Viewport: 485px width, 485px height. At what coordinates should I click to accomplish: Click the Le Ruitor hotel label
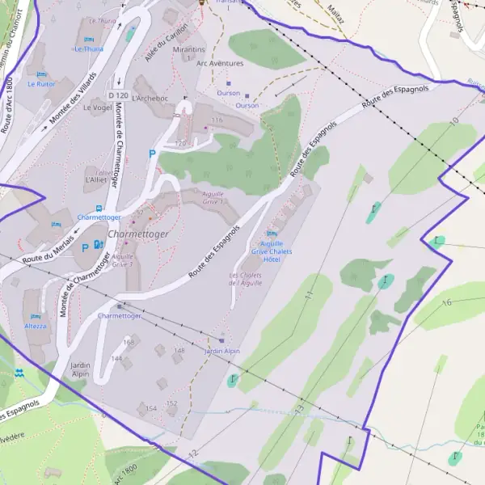click(x=40, y=83)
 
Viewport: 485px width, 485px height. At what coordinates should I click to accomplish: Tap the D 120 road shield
click(x=118, y=95)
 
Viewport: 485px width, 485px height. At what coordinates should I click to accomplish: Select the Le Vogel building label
click(x=97, y=107)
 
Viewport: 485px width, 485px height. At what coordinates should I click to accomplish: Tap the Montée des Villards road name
click(x=73, y=98)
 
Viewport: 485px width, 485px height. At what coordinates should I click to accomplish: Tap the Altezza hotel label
click(x=36, y=326)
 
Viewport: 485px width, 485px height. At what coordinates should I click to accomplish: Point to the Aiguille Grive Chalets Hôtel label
click(x=272, y=251)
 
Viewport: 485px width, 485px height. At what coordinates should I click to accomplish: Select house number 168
click(x=129, y=342)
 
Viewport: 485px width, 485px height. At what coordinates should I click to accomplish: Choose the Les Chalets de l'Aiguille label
click(x=245, y=279)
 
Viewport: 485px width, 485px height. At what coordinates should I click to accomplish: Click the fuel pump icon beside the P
click(x=99, y=244)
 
